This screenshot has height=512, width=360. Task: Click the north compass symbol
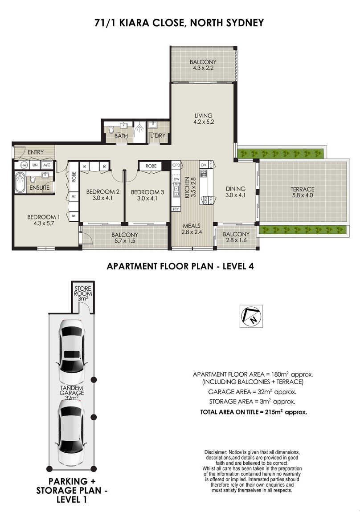coord(251,316)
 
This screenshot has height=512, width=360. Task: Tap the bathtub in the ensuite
coord(20,183)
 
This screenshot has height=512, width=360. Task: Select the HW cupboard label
coord(24,165)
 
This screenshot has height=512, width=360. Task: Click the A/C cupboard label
coord(47,165)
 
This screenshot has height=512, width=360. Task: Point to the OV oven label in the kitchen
coord(204,165)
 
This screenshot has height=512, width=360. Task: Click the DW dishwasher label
coord(176,179)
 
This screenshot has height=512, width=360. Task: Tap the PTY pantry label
coord(176,209)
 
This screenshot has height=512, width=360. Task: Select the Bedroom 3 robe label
coord(151,166)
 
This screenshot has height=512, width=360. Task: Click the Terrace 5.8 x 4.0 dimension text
coord(303,195)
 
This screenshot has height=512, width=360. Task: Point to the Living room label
coord(204,116)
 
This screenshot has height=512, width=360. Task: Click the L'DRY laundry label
coord(158,135)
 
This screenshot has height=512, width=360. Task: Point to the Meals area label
coord(192,226)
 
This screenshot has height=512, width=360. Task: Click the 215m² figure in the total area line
coord(274,412)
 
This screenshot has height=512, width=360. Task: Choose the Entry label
coord(36,152)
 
